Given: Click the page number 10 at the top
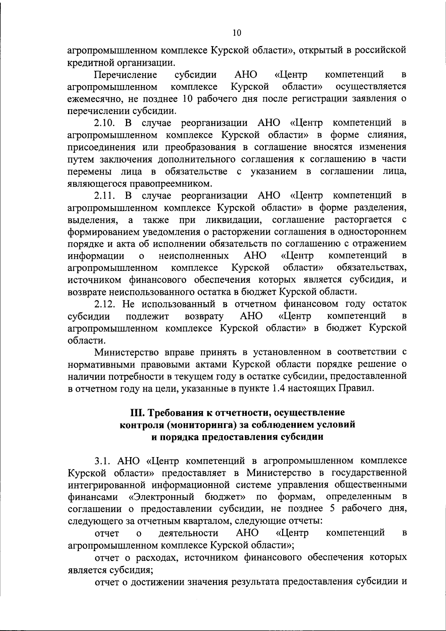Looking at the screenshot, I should [237, 33].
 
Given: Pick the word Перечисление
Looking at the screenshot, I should [126, 75].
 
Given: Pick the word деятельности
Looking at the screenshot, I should [188, 533].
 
